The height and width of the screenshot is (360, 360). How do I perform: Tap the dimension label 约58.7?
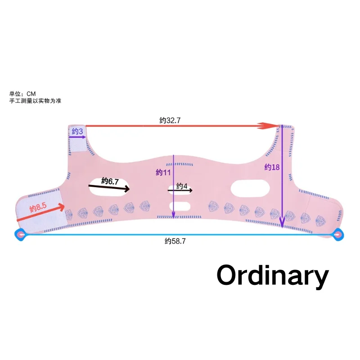[x=175, y=241]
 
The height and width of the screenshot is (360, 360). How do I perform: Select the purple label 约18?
[x=272, y=167]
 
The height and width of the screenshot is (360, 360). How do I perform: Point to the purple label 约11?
[x=164, y=172]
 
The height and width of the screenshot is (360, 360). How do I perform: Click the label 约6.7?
[x=110, y=181]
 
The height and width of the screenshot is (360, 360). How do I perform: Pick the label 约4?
[x=182, y=186]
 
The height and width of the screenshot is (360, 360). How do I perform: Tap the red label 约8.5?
[x=38, y=207]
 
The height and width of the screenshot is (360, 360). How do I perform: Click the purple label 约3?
[x=77, y=131]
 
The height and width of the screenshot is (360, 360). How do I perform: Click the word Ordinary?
[x=273, y=275]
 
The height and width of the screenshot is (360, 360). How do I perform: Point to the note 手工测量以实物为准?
[x=35, y=101]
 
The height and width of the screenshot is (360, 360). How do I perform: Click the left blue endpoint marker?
[x=20, y=234]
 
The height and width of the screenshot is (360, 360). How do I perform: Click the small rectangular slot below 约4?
[x=182, y=207]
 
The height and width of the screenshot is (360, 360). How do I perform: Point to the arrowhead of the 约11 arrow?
[x=174, y=216]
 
